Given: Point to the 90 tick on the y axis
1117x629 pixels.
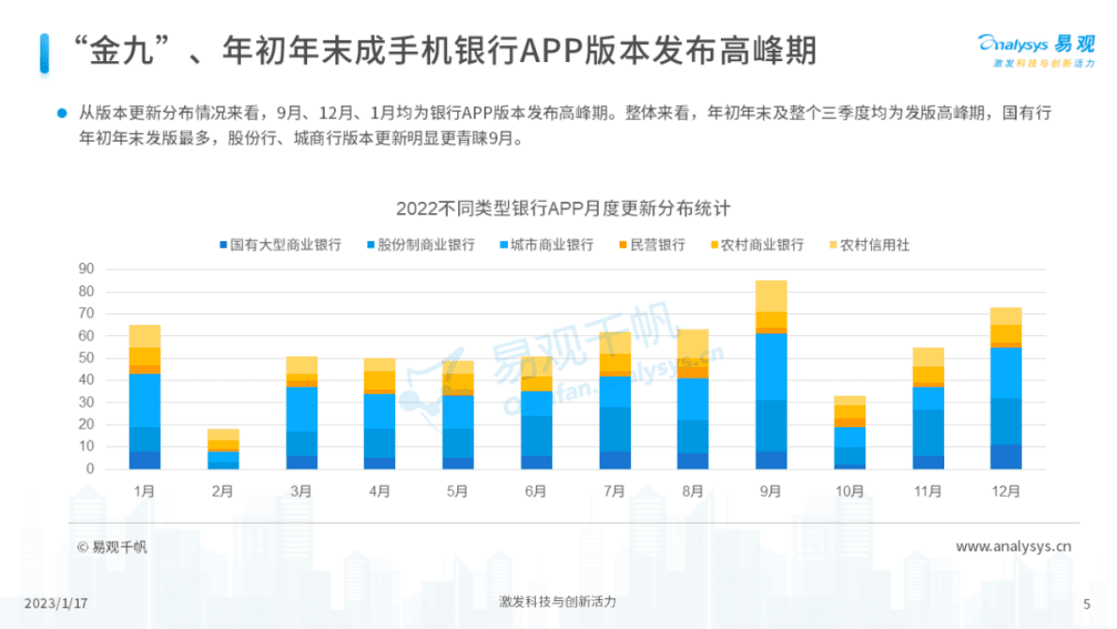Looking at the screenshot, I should (85, 268).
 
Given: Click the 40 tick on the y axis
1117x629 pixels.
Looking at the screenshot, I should (85, 380).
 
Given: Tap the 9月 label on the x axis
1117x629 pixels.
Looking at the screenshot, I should (771, 490).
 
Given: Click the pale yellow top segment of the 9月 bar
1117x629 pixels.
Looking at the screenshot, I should (771, 296).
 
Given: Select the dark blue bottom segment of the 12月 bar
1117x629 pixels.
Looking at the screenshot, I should (1005, 457).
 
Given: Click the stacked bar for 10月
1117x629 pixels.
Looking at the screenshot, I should (849, 434).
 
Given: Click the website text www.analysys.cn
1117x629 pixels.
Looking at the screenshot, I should (1013, 546).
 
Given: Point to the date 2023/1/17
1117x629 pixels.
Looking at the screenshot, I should (55, 603).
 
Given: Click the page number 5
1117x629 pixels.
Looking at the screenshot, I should (1086, 603).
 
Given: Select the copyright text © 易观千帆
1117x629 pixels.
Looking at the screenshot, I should (112, 547).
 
